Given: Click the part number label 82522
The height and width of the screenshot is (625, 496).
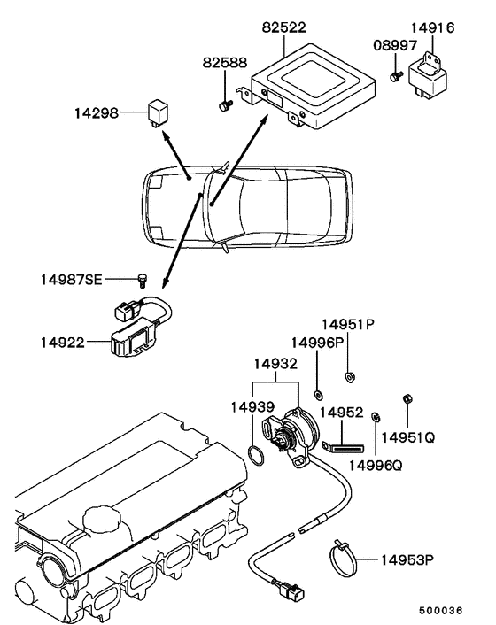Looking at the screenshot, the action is coord(284,27).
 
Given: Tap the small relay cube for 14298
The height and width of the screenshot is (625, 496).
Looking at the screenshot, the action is coord(158,114).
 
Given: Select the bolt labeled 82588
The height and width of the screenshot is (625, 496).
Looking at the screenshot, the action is coord(225,105).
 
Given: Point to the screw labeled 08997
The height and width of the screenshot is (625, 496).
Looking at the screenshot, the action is coord(396,76).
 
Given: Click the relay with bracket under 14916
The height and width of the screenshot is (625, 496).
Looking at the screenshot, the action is coord(428,76).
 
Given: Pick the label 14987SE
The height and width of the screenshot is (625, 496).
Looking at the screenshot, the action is coord(72,280).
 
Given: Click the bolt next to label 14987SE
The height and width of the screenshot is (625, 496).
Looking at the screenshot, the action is coord(142,281).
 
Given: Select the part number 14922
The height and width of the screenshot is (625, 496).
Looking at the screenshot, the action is coord(63,343).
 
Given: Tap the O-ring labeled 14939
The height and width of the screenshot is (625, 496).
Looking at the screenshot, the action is coord(256,455).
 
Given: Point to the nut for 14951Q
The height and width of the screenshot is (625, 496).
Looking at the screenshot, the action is coord(408,398).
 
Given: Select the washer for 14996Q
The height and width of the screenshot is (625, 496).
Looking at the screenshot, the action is coord(376,417).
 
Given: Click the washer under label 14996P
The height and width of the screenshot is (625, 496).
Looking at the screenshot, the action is coord(318,396).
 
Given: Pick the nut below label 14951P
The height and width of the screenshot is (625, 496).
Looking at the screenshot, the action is coord(350,376).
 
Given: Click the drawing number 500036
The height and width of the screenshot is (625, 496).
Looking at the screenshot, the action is coord(440,611).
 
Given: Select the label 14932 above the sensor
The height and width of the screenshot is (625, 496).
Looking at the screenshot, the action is coord(275,364).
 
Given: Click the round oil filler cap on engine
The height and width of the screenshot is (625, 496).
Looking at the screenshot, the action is coord(101,520).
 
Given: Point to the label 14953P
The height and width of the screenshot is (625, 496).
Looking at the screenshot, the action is coord(407,560).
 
